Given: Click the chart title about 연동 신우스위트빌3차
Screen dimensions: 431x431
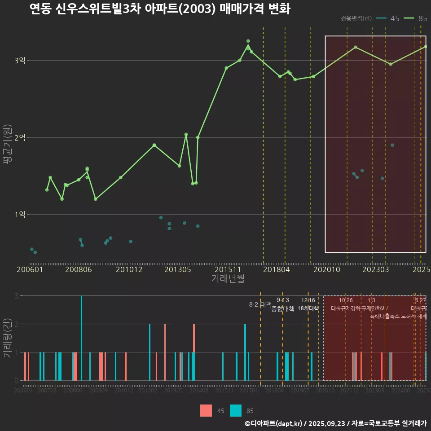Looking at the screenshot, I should (159, 9).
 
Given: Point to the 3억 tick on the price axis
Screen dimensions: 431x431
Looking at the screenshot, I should (20, 61).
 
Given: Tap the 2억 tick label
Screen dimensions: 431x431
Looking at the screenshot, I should (20, 138).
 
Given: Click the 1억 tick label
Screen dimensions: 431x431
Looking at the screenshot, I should (20, 215).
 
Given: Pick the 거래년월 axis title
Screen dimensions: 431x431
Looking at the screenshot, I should (228, 279).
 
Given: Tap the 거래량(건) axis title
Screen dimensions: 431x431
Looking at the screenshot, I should (7, 338).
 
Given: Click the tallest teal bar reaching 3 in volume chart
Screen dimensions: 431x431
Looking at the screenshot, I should (81, 338).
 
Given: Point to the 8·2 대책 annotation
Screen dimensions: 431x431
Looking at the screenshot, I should (260, 304).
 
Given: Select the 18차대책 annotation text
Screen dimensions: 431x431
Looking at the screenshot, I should (308, 308).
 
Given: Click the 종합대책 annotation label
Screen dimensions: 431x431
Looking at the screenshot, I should (283, 308).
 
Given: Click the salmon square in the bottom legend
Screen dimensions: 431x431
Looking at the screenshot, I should (206, 410).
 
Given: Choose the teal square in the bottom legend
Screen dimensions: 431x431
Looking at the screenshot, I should (235, 410).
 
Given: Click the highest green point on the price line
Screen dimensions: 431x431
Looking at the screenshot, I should (248, 41).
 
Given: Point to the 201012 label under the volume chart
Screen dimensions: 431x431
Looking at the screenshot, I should (124, 391).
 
